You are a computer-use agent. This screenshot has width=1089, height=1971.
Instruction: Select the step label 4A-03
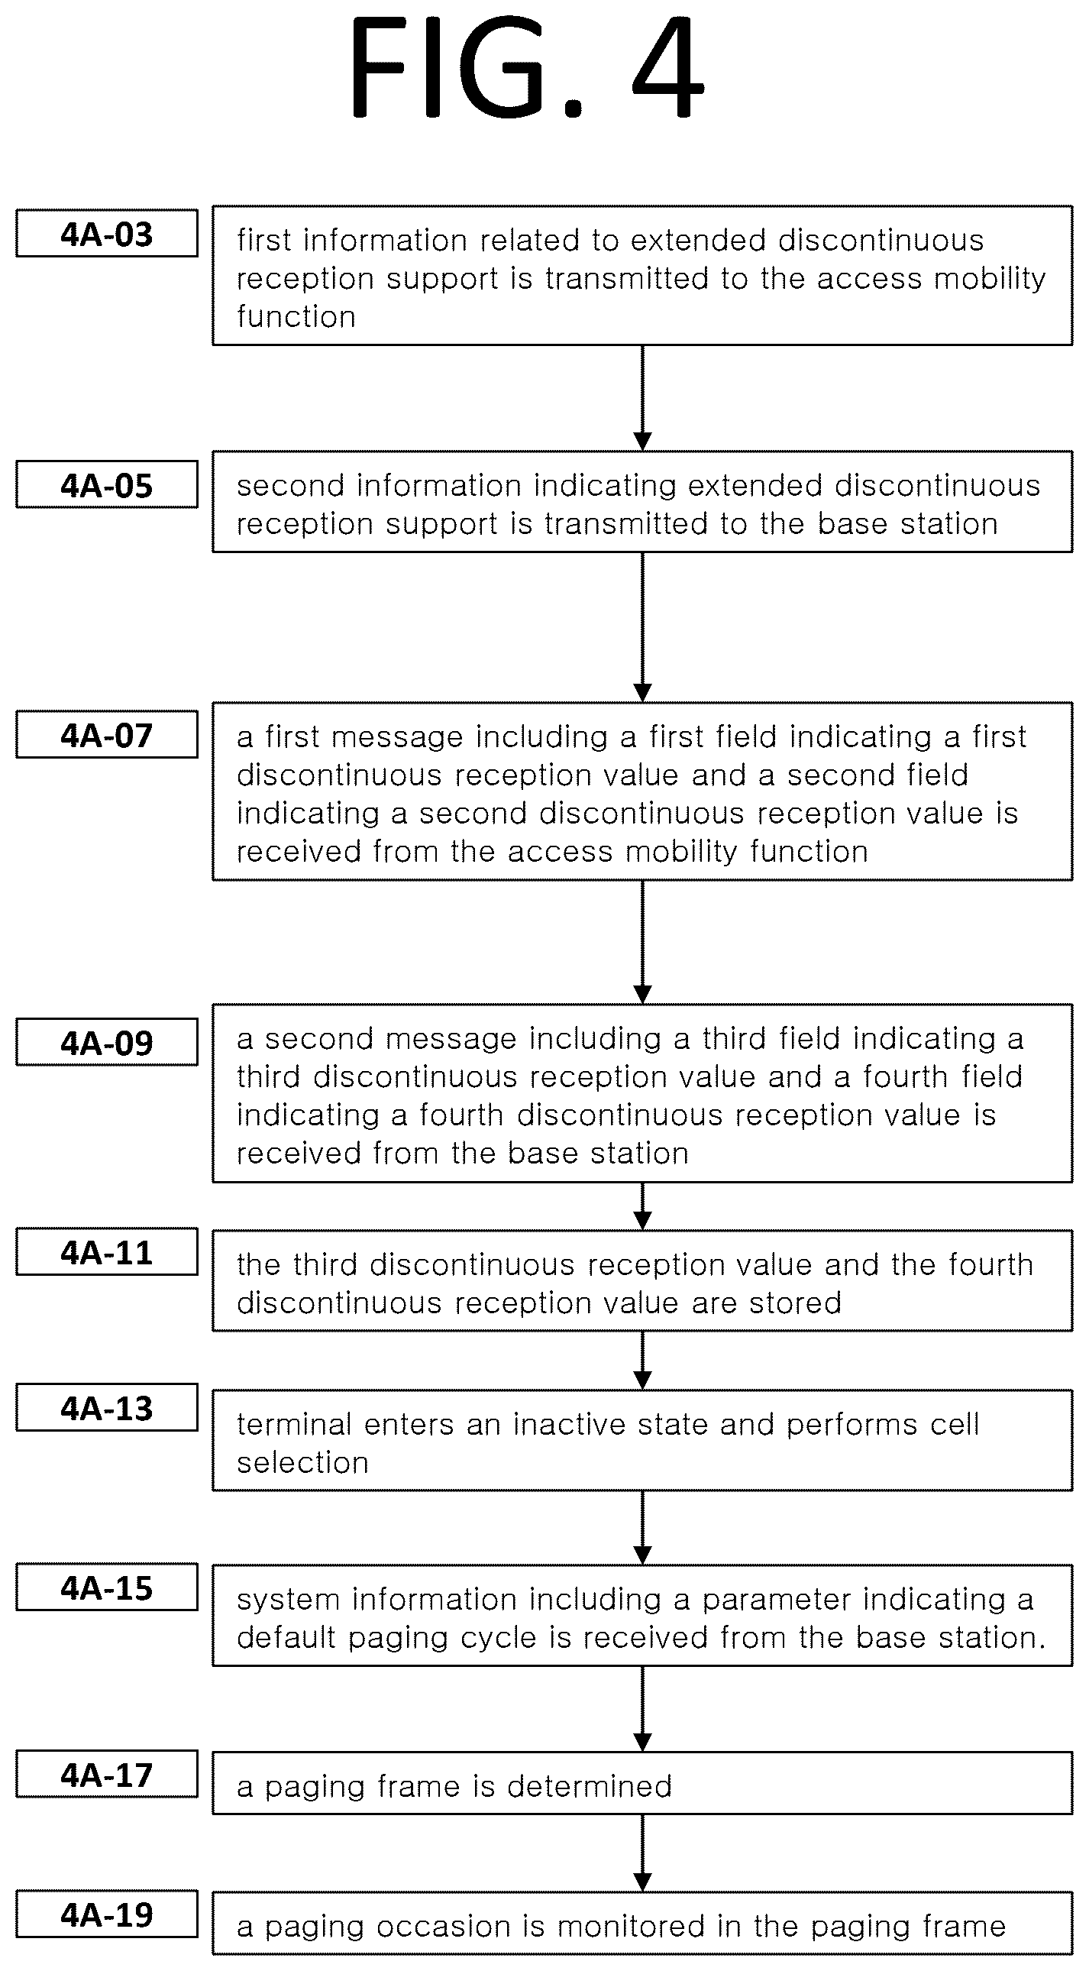[x=107, y=233]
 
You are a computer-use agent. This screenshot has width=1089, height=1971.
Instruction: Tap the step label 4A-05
[x=107, y=485]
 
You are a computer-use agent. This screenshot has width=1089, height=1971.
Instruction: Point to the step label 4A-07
[x=107, y=734]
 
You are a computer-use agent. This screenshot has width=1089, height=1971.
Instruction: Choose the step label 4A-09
[x=107, y=1042]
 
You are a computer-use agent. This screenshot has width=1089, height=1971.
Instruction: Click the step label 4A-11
[x=107, y=1252]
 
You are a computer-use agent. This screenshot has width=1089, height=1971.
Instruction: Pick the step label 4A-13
[x=107, y=1408]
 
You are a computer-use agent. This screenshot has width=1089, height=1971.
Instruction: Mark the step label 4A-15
[x=107, y=1587]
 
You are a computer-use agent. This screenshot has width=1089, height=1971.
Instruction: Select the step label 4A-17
[x=107, y=1775]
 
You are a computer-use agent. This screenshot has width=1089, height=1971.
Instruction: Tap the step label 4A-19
[x=107, y=1914]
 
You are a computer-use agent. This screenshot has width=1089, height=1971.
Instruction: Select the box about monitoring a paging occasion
[x=642, y=1924]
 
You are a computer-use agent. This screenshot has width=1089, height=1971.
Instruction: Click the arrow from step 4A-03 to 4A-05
[x=643, y=398]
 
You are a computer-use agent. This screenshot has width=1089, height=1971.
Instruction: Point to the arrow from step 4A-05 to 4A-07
[x=643, y=626]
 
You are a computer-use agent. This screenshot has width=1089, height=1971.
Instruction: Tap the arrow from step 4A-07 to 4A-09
[x=643, y=942]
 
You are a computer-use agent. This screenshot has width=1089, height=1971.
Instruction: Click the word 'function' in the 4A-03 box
[x=296, y=316]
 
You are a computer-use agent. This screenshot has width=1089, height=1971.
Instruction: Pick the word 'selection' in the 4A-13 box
[x=303, y=1462]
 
